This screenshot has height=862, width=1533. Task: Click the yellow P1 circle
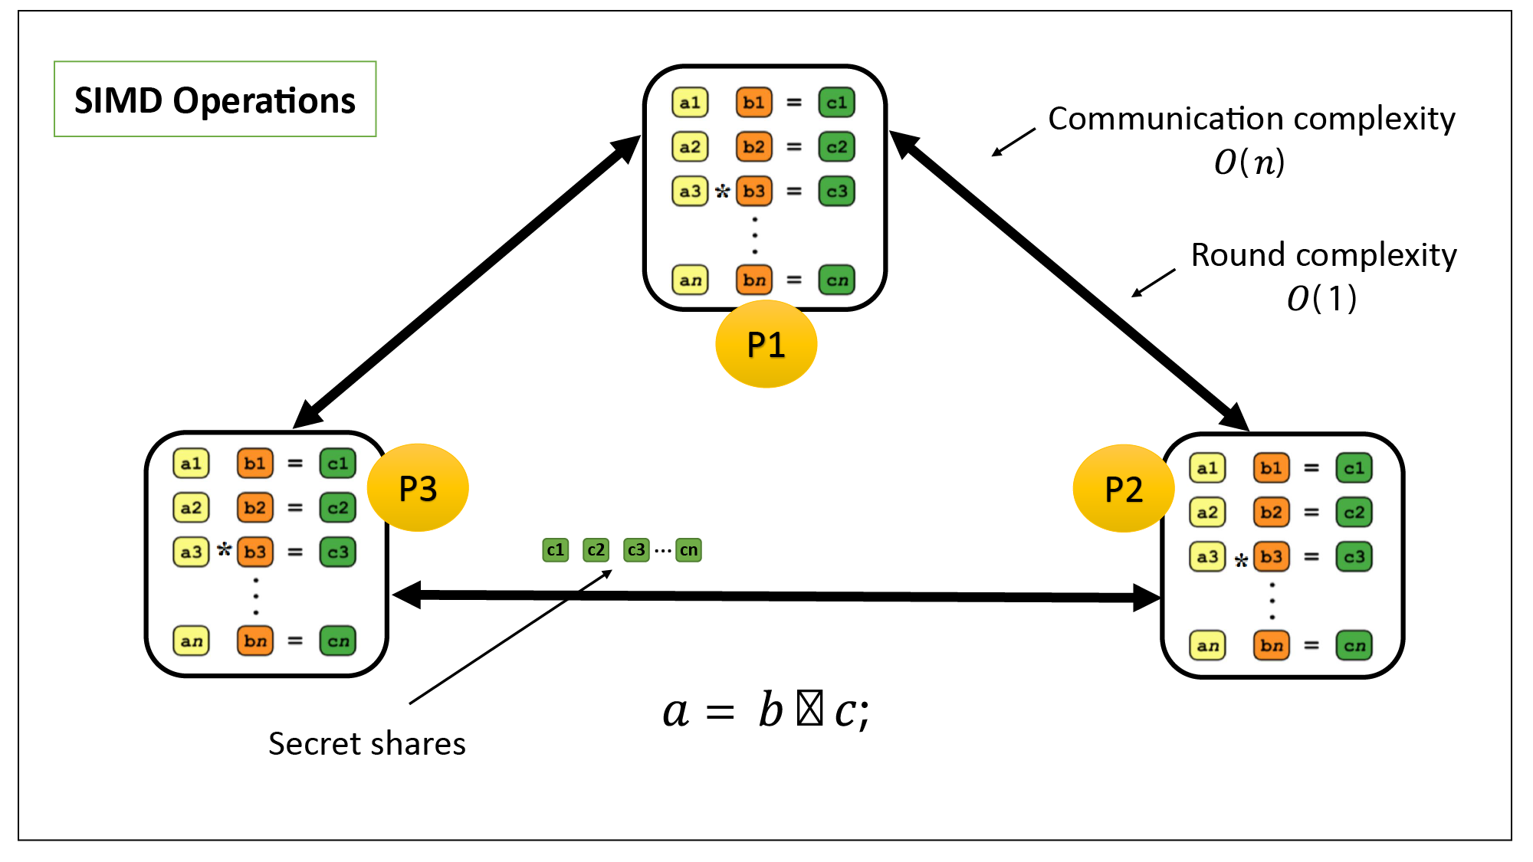pos(766,344)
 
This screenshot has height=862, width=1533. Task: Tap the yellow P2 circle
pos(1123,489)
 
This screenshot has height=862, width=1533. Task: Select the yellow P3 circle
pos(418,488)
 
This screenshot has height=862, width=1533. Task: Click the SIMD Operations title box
pos(215,100)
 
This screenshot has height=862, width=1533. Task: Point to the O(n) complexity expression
pos(1249,162)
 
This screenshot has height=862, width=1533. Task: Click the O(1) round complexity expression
pos(1321,299)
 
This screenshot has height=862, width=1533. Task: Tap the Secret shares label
pos(366,744)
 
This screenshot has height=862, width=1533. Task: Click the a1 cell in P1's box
pos(690,103)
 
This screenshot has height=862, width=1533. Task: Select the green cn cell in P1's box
pos(836,280)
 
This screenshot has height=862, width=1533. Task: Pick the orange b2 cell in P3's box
pos(254,507)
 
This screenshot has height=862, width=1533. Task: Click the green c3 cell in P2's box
pos(1354,557)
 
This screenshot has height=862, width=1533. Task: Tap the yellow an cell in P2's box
pos(1207,646)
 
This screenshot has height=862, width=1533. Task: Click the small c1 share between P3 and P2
pos(555,550)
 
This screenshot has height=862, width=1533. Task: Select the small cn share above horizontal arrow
pos(688,550)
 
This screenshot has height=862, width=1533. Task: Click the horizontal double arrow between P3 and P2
pos(774,595)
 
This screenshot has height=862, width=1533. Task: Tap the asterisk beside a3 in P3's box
pos(224,549)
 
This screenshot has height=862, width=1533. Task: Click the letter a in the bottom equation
pos(675,712)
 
